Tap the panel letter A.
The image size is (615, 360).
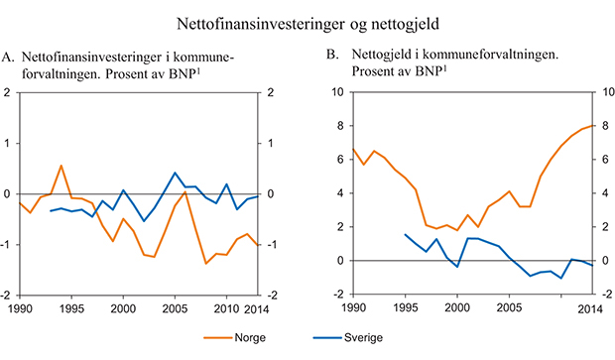(x=9, y=59)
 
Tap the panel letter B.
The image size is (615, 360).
(x=332, y=59)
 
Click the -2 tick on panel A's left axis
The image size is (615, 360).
(x=9, y=296)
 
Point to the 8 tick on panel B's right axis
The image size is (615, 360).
(x=605, y=126)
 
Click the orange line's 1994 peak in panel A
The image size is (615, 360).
(x=61, y=166)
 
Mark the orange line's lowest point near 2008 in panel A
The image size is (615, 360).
(x=205, y=263)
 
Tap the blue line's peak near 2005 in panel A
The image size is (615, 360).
(x=175, y=173)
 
